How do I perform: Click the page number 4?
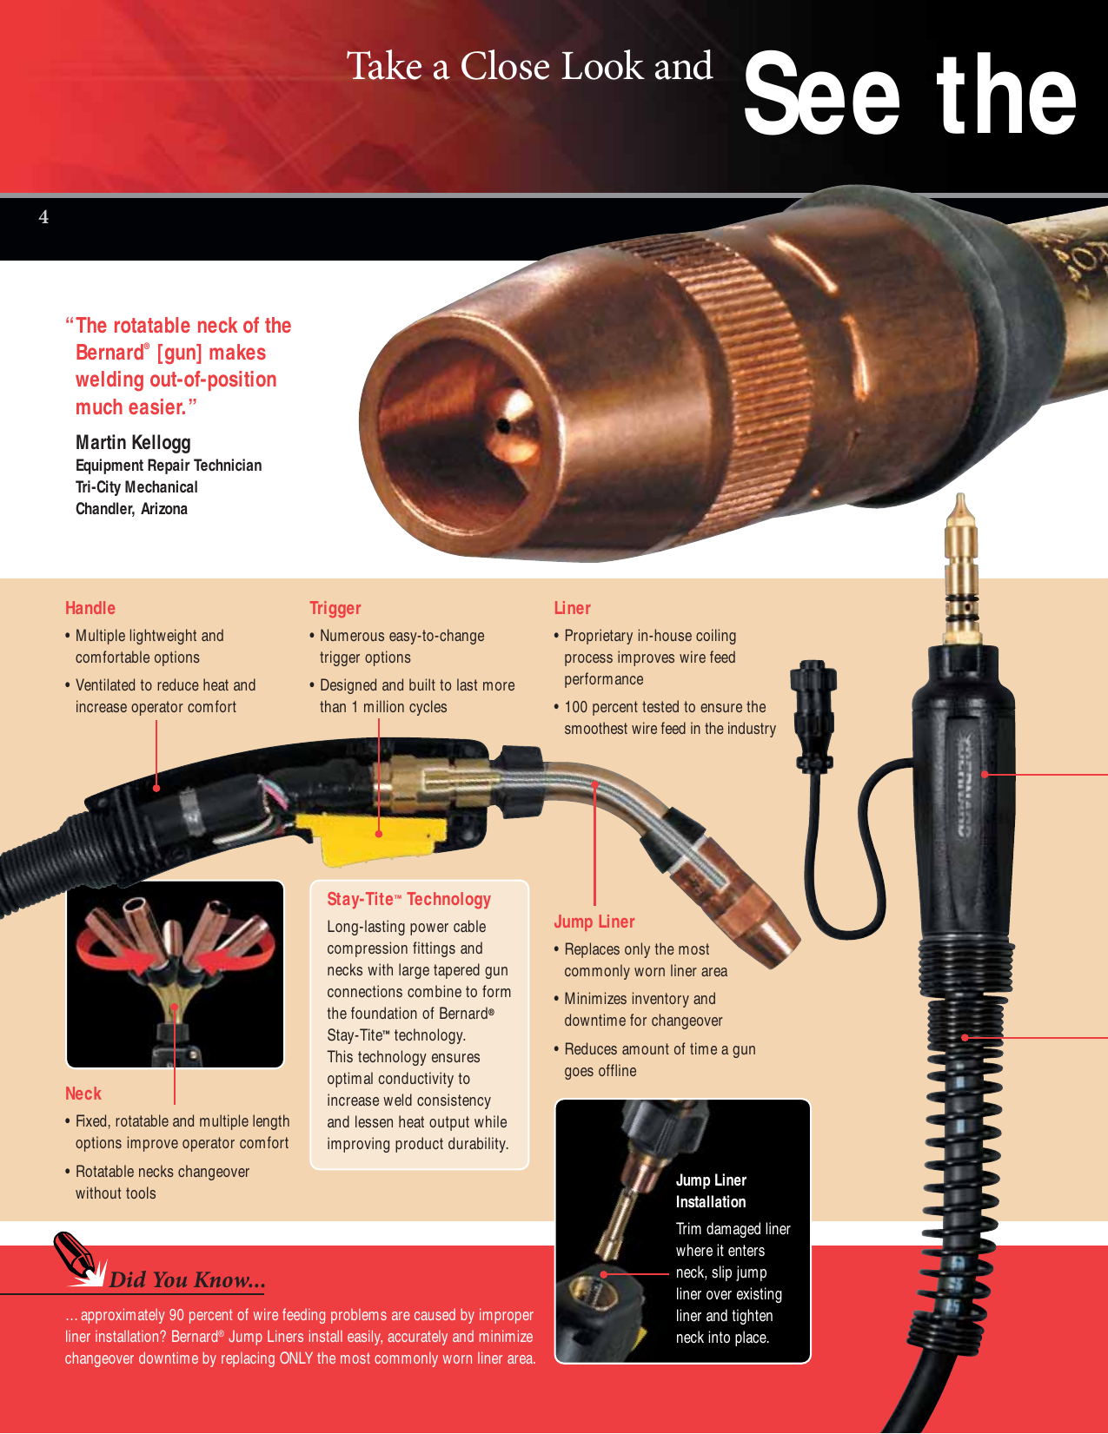43,217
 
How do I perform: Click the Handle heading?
90,608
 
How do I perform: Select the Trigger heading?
335,608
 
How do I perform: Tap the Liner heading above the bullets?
572,608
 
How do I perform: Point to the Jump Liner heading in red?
594,922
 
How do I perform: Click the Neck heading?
83,1094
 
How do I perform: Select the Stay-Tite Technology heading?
408,899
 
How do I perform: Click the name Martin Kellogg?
133,442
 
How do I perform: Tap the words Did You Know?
187,1279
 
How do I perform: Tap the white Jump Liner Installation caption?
711,1191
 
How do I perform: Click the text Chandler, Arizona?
131,509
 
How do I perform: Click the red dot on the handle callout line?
156,788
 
